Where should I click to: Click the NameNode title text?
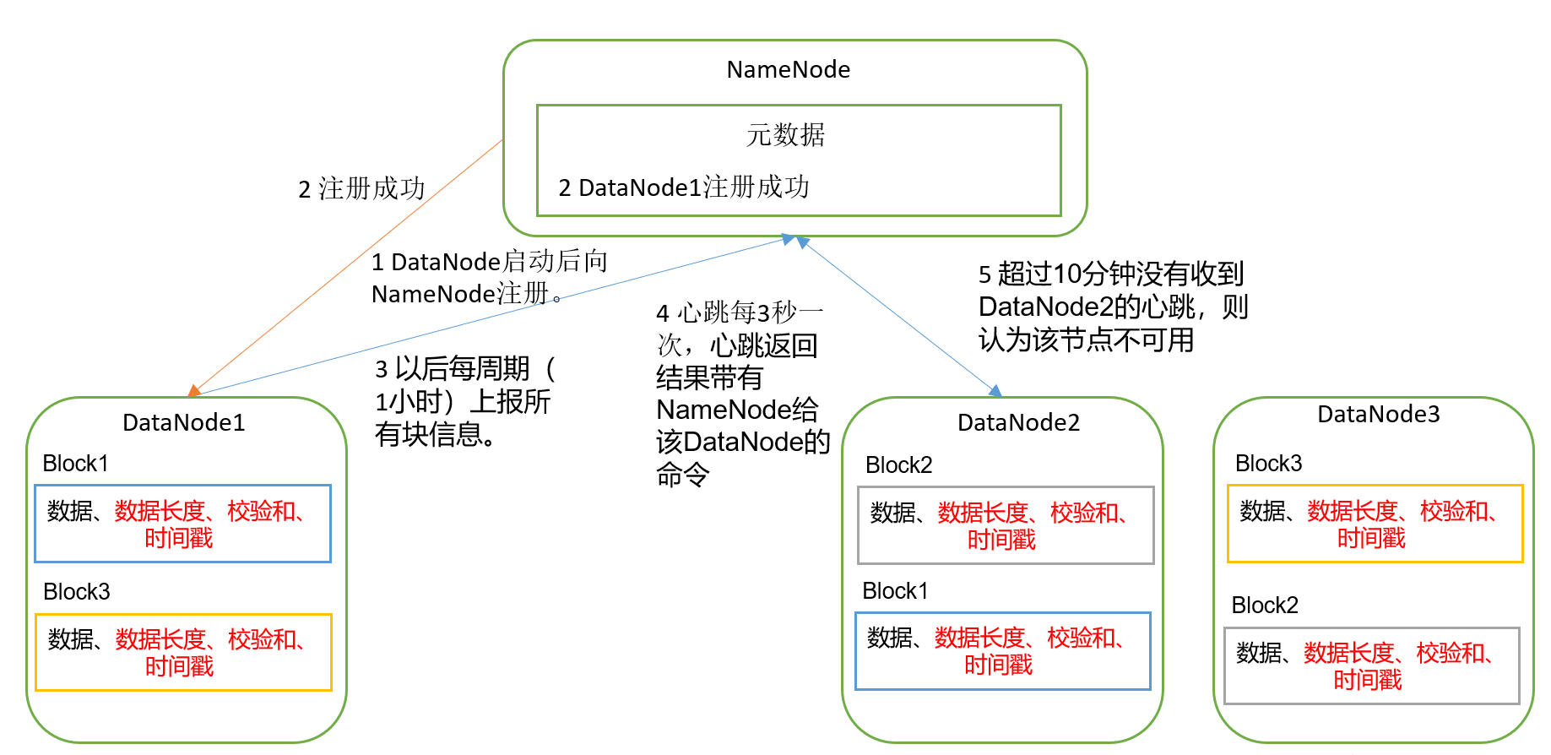(788, 70)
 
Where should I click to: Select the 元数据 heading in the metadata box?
(785, 135)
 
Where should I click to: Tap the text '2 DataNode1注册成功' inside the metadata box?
(684, 187)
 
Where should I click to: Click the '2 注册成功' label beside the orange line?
(361, 189)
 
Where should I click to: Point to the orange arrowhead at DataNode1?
(194, 390)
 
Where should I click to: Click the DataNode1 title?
(183, 423)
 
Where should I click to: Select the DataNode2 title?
(1018, 423)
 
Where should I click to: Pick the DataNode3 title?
(1378, 415)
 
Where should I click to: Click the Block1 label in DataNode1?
(75, 464)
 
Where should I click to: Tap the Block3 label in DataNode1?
(76, 592)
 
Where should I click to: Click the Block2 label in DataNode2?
(898, 465)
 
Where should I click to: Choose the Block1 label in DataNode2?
(895, 591)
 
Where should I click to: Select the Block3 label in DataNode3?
(1268, 464)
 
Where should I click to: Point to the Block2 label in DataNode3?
(1265, 606)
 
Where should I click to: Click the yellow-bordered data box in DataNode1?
(183, 652)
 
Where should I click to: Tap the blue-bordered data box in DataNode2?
(1003, 651)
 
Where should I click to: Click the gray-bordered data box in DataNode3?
(1371, 665)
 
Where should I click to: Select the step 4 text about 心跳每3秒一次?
(741, 394)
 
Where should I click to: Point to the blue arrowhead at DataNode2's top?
(996, 391)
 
